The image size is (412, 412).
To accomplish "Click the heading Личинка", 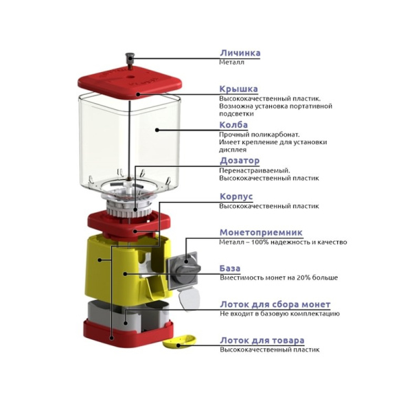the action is [x=240, y=53].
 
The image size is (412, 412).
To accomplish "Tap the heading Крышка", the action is [x=238, y=89].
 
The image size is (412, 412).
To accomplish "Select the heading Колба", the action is [x=233, y=125].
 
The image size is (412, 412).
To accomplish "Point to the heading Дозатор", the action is [x=240, y=161].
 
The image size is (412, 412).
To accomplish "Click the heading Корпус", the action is [x=236, y=196].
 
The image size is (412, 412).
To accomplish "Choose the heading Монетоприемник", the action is [x=261, y=233].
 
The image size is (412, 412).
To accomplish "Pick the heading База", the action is [x=230, y=268].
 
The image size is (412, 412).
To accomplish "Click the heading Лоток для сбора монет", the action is [x=275, y=304].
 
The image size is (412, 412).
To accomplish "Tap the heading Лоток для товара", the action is [x=262, y=341].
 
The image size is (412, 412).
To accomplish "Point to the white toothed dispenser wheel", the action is [x=129, y=208].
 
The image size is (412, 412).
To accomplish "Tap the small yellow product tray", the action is [x=179, y=341].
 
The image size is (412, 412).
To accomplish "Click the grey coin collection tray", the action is [x=128, y=315].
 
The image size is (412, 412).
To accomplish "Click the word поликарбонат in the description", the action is [x=275, y=135].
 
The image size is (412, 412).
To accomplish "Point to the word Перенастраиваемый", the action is [x=255, y=171].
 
